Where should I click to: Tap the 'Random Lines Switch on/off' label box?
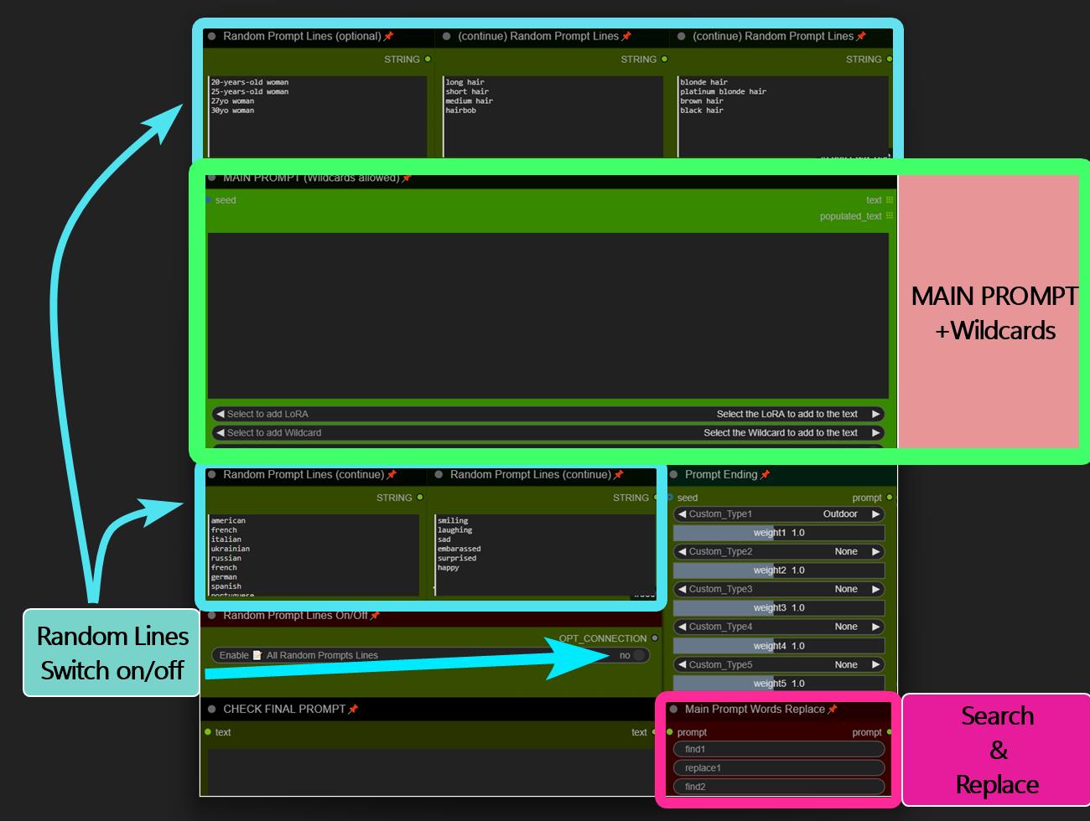click(x=112, y=653)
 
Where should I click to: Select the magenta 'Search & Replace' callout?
click(x=997, y=750)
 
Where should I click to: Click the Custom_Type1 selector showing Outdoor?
click(x=779, y=514)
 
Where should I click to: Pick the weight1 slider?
click(x=779, y=533)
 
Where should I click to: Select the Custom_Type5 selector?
click(x=779, y=665)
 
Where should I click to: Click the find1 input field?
click(x=779, y=750)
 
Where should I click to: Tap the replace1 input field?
click(x=779, y=768)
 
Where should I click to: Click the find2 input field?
click(x=779, y=787)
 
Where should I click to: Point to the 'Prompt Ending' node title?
click(x=720, y=475)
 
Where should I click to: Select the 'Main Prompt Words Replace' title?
click(x=754, y=710)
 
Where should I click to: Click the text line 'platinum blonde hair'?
click(x=723, y=92)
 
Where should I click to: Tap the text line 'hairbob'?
click(x=460, y=111)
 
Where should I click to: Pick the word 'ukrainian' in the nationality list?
click(x=230, y=550)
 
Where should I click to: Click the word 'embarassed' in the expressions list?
click(x=459, y=550)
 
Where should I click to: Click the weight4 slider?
click(x=779, y=646)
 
